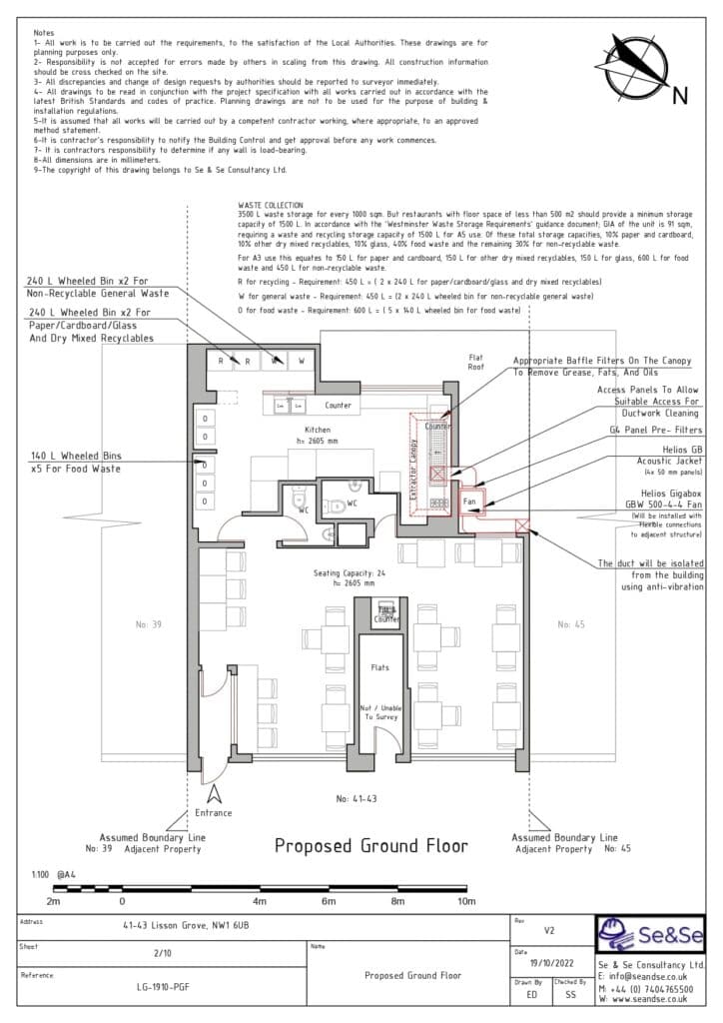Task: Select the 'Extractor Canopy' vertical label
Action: pos(411,467)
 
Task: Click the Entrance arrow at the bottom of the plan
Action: pos(213,795)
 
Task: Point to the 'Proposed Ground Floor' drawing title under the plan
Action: pos(371,845)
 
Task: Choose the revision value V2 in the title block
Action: pos(549,929)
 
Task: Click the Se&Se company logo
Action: pos(649,936)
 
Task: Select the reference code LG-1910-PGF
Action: pos(164,986)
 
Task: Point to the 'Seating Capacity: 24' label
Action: pos(342,572)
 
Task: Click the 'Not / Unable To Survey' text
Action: pos(381,712)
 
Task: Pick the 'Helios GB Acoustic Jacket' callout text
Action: pos(656,456)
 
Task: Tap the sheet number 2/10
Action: pos(163,953)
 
